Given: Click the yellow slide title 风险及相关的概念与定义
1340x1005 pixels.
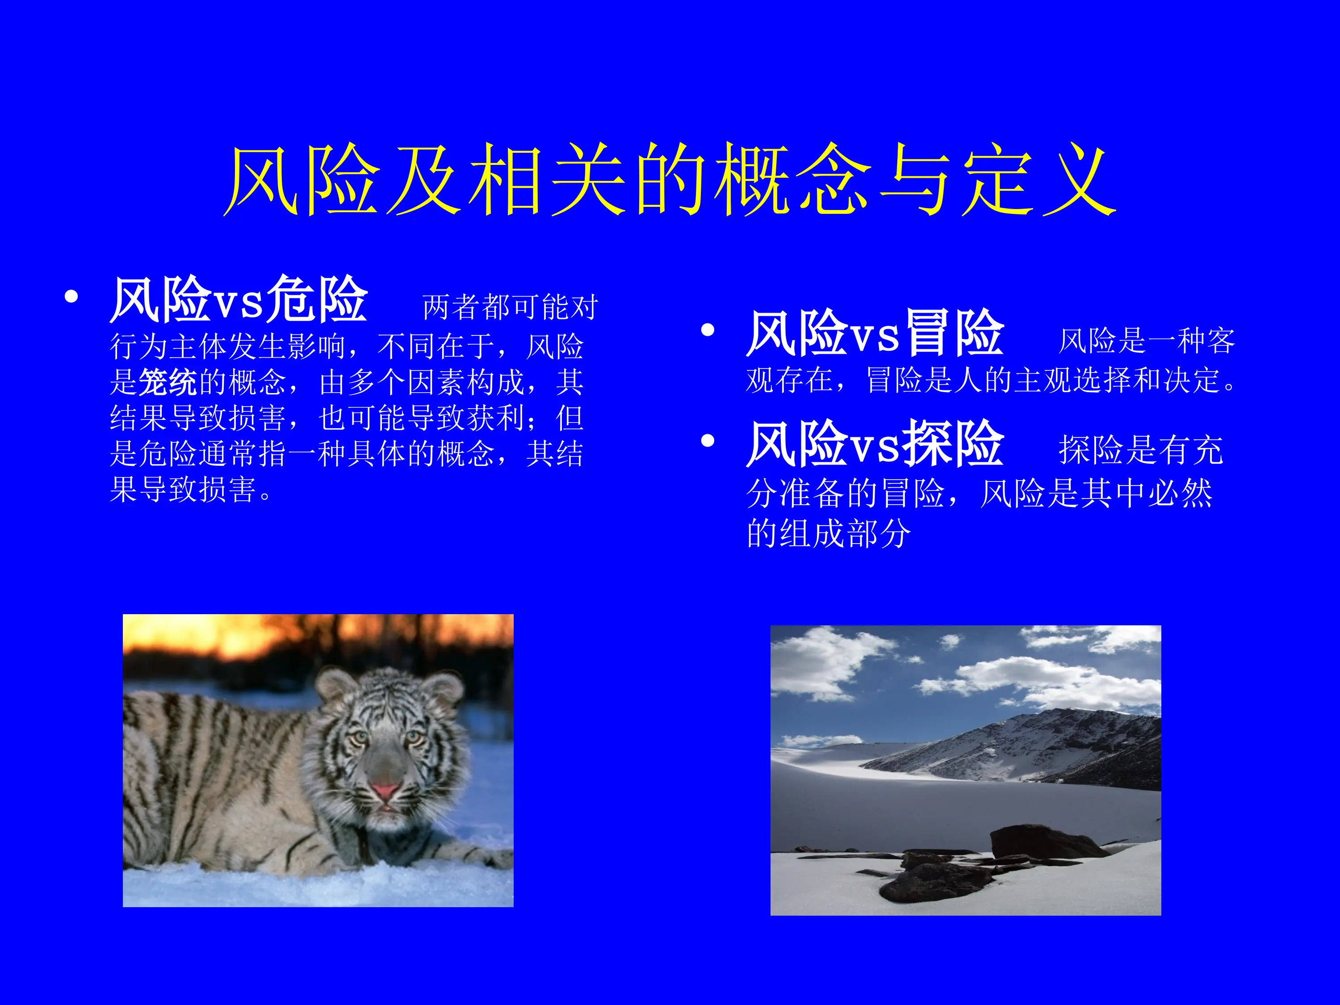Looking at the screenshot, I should (x=670, y=180).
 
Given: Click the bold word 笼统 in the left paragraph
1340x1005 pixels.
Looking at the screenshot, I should (x=168, y=383).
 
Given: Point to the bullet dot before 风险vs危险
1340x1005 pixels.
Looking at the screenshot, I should (x=71, y=297).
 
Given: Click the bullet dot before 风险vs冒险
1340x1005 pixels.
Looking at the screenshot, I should (x=707, y=330).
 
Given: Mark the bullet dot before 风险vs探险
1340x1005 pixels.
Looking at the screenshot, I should (x=707, y=440).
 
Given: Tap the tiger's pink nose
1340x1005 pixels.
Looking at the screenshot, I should (x=385, y=791).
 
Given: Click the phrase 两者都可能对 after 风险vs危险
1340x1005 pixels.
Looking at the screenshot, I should (x=510, y=307).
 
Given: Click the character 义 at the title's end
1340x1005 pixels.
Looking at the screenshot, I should (x=1079, y=180).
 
